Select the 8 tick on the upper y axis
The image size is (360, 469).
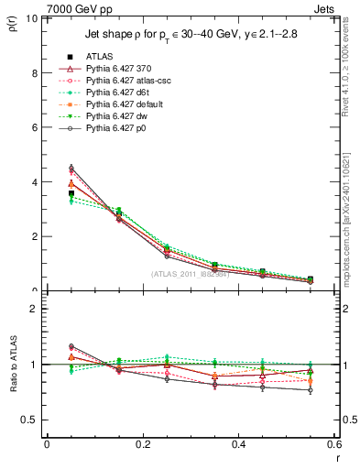click(38, 73)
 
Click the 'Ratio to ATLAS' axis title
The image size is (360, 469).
click(13, 367)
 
